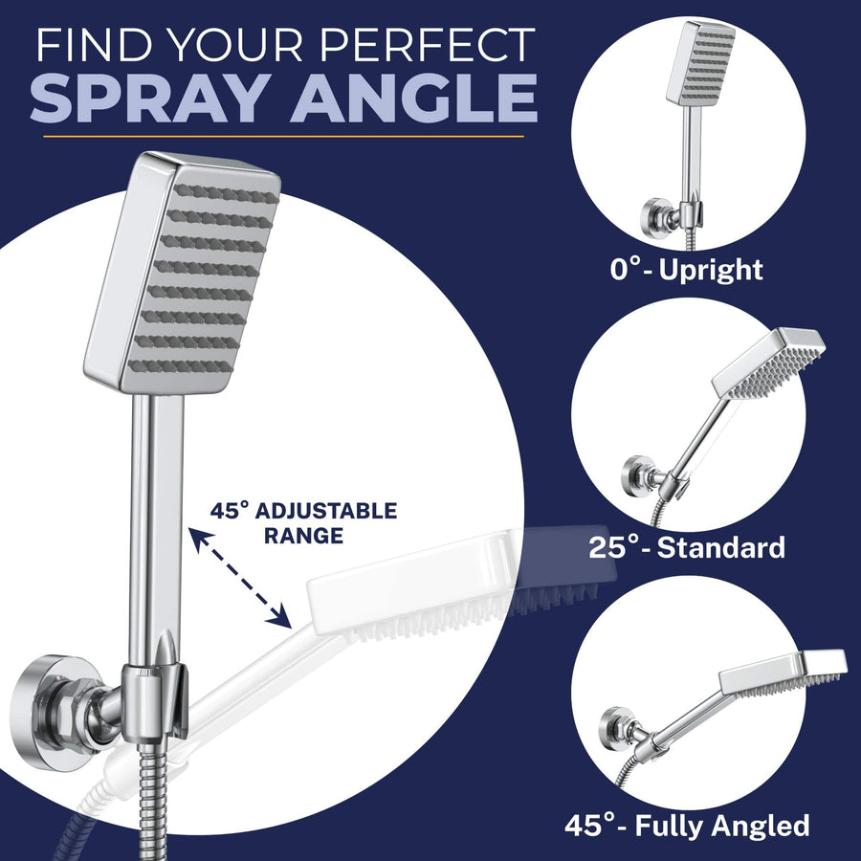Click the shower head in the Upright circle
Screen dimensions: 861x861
coord(700,62)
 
